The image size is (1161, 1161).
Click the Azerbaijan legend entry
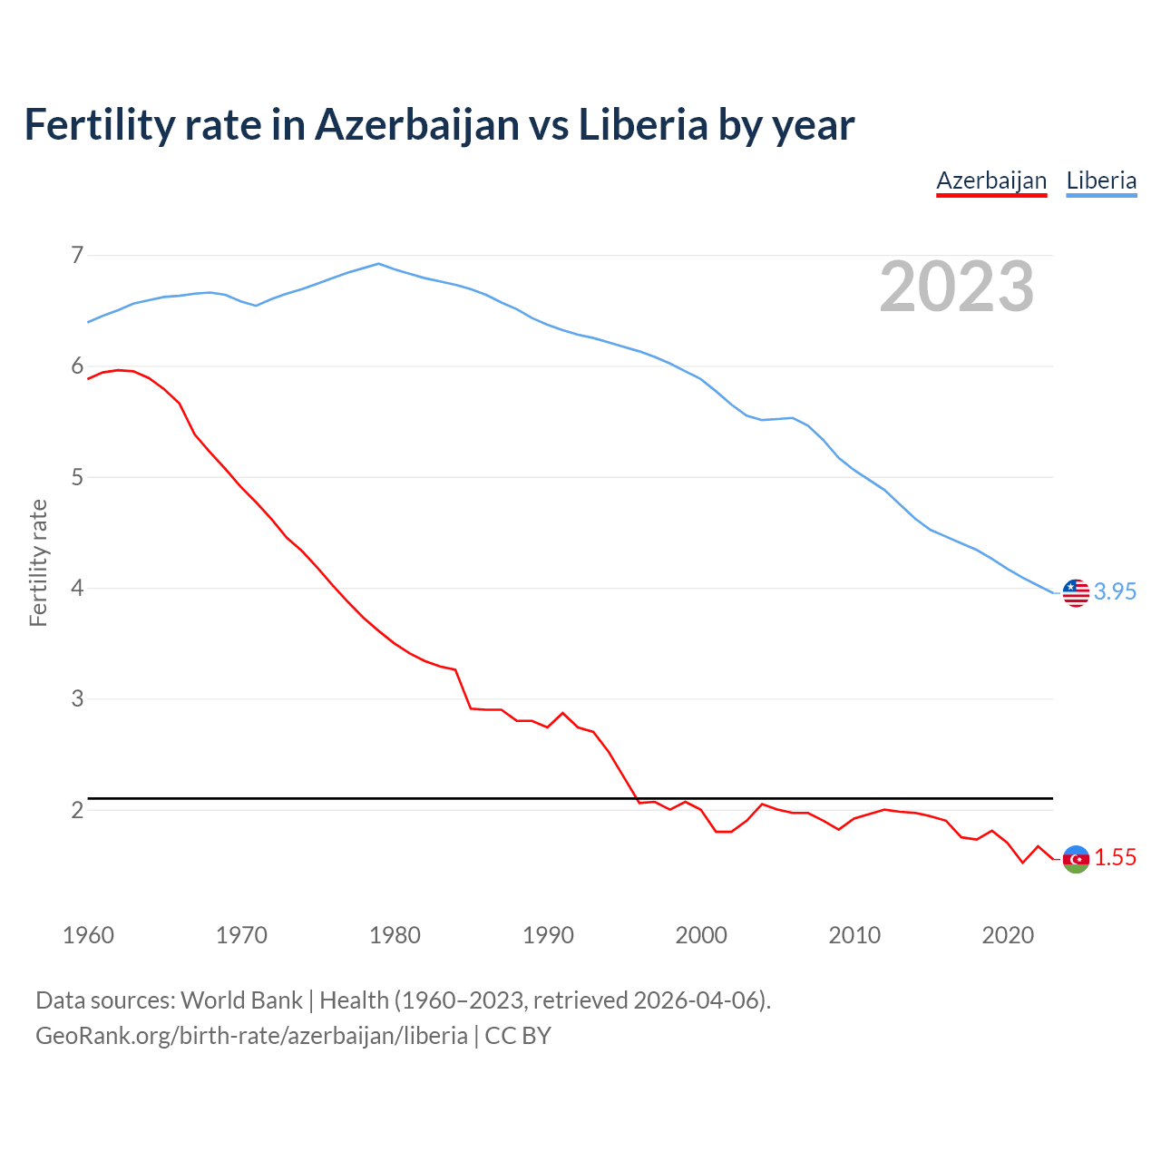pos(991,180)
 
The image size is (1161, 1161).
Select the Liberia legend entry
pos(1101,180)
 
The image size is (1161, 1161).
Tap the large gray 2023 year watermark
pos(957,287)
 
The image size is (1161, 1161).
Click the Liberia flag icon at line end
pos(1076,592)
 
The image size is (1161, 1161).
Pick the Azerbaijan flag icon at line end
pos(1076,858)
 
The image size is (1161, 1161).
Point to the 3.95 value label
pos(1115,591)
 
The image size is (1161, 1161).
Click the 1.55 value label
pos(1115,857)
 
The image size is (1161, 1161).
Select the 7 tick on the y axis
pos(77,255)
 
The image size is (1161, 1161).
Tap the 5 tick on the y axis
pos(77,477)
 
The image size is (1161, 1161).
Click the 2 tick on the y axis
pos(77,810)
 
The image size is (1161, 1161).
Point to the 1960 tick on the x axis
pos(88,935)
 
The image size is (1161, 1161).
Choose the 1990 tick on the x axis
pos(548,935)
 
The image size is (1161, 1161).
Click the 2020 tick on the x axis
pos(1008,935)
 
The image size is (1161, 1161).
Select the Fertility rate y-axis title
pos(38,562)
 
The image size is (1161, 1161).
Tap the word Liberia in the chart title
pos(642,125)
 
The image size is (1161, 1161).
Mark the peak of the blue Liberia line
pos(379,264)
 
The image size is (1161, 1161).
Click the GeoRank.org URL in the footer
pos(251,1035)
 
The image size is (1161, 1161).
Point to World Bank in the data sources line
pos(241,1000)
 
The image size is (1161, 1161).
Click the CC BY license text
pos(518,1035)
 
